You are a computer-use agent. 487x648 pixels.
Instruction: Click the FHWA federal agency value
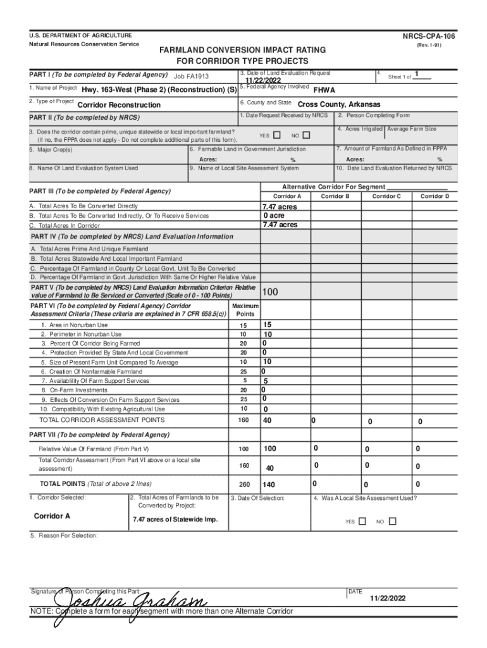pyautogui.click(x=324, y=90)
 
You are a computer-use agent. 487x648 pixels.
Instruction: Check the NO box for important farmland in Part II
pyautogui.click(x=307, y=135)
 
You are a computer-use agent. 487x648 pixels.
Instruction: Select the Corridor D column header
pyautogui.click(x=435, y=197)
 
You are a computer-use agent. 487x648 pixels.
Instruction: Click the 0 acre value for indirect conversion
pyautogui.click(x=274, y=216)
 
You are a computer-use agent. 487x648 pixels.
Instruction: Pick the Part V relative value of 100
pyautogui.click(x=270, y=292)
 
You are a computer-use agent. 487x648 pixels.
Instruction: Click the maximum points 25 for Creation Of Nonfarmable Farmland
pyautogui.click(x=243, y=371)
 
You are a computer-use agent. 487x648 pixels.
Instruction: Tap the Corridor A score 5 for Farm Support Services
pyautogui.click(x=266, y=382)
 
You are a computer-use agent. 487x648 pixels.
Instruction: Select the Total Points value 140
pyautogui.click(x=269, y=485)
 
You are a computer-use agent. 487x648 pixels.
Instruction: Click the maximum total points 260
pyautogui.click(x=243, y=485)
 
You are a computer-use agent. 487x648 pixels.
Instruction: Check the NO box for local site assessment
pyautogui.click(x=392, y=521)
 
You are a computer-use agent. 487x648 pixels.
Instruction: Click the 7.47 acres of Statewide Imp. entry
pyautogui.click(x=175, y=520)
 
